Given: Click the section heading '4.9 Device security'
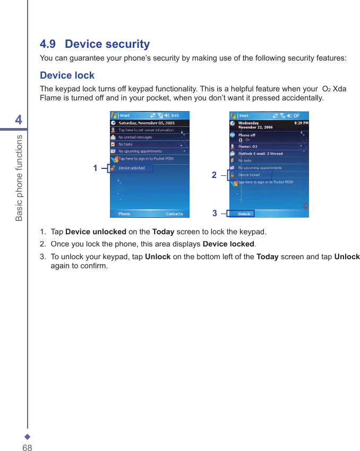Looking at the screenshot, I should click(95, 44).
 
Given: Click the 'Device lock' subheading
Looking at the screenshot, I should click(67, 75).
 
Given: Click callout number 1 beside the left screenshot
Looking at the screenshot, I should click(96, 168).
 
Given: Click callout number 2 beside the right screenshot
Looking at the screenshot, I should click(214, 175).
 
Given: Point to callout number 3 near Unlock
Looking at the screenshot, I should click(215, 213).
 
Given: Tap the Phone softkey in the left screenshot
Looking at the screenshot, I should click(124, 214).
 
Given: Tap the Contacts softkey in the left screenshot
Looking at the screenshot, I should click(174, 214).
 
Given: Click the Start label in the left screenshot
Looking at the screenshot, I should click(124, 115).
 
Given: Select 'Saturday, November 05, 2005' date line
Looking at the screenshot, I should click(146, 123).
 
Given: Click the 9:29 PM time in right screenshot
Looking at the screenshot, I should click(301, 123).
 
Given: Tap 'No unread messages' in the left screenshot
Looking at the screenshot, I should click(135, 137).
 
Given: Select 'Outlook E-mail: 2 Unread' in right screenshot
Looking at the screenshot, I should click(260, 154).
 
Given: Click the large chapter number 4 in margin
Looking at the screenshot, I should click(19, 120).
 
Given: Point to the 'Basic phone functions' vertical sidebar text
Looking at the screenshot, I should click(19, 177).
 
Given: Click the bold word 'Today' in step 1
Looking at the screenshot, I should click(163, 232).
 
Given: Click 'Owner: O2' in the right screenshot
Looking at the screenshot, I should click(247, 146).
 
